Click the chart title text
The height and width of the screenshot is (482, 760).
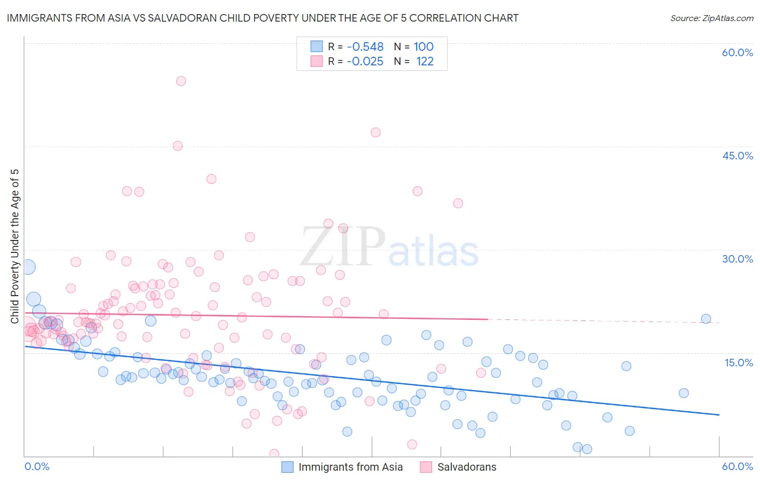263,18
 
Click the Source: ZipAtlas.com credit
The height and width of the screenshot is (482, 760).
711,18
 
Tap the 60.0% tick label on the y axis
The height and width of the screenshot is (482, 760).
737,52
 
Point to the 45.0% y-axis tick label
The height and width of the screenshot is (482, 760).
737,156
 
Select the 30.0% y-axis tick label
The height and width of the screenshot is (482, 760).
737,259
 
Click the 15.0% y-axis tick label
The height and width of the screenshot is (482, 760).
738,362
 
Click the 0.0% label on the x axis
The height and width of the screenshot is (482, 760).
37,466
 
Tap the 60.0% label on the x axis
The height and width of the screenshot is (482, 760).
737,466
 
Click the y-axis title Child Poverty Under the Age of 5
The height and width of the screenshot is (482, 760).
15,246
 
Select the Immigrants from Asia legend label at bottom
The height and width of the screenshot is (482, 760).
350,467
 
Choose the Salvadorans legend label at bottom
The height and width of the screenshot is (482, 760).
466,467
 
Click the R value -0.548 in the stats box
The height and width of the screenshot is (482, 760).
365,47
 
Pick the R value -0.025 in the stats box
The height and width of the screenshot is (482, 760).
365,62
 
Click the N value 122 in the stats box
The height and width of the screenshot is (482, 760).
425,62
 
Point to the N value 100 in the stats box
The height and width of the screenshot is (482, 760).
424,47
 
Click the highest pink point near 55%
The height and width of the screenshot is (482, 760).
181,81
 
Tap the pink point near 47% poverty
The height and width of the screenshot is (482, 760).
376,132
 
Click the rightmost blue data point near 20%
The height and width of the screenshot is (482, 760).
705,319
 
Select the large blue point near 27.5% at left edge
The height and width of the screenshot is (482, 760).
28,267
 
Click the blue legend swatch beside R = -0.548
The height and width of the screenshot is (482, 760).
316,46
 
